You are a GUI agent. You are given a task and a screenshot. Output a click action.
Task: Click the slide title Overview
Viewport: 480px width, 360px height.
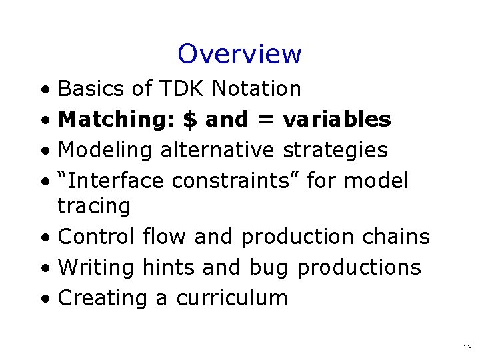[240, 54]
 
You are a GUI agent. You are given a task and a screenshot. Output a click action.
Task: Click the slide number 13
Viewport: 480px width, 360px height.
[466, 348]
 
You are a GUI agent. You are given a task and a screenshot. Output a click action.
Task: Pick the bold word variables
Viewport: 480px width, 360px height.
[337, 120]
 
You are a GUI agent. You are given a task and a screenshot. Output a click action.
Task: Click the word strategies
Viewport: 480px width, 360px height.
[335, 150]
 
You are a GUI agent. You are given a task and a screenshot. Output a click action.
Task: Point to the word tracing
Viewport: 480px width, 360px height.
[94, 207]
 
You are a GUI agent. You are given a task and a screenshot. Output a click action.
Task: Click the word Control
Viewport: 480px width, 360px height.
[97, 237]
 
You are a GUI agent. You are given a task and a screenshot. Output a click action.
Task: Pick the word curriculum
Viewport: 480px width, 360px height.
[231, 298]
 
